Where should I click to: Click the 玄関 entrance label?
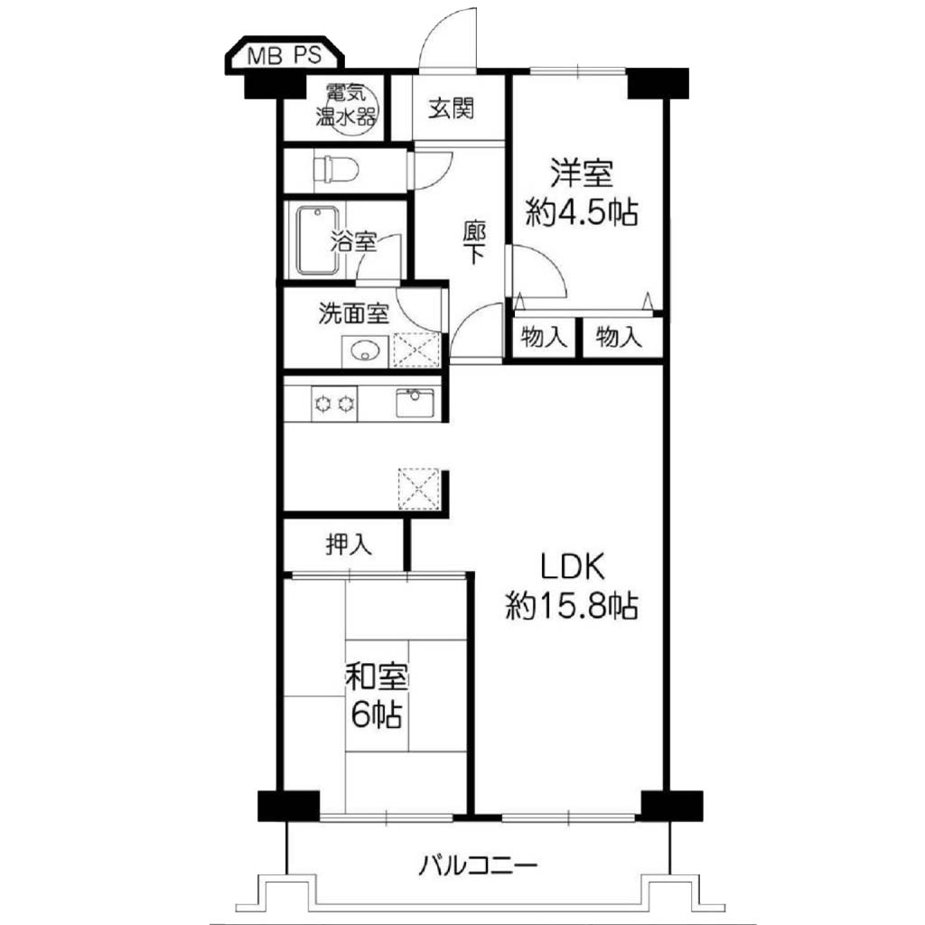coord(452,108)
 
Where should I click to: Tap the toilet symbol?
coord(336,171)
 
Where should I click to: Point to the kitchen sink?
coord(415,403)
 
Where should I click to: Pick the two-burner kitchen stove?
coord(334,404)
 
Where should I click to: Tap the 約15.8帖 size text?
coord(572,605)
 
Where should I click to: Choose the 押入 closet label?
coord(350,545)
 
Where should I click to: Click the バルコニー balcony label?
coord(479,866)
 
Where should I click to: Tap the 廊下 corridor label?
coord(474,242)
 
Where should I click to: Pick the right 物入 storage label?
coord(618,338)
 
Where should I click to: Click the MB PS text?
coord(285,55)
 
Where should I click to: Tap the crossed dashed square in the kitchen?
coord(418,489)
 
